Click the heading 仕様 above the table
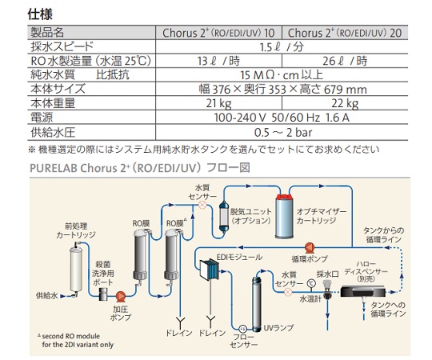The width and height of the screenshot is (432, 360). tap(40, 14)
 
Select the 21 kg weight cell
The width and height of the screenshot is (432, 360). tap(218, 103)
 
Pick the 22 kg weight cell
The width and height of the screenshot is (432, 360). tap(345, 103)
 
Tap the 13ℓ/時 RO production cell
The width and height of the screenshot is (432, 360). tap(218, 61)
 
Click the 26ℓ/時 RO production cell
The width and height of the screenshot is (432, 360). tap(345, 61)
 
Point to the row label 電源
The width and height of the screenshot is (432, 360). tap(42, 118)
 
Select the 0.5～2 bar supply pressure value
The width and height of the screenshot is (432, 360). tap(283, 133)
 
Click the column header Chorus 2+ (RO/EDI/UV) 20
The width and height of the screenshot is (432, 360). tap(345, 33)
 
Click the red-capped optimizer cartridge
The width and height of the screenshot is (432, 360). tap(285, 216)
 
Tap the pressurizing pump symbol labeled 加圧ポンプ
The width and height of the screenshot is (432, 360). tap(120, 296)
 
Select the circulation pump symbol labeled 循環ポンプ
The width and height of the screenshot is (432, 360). tap(310, 248)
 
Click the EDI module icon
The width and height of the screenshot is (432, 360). tap(210, 269)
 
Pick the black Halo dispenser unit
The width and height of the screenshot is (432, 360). tap(363, 291)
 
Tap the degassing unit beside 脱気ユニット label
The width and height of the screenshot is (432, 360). tap(224, 216)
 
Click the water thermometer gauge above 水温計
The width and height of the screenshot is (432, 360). tap(311, 283)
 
